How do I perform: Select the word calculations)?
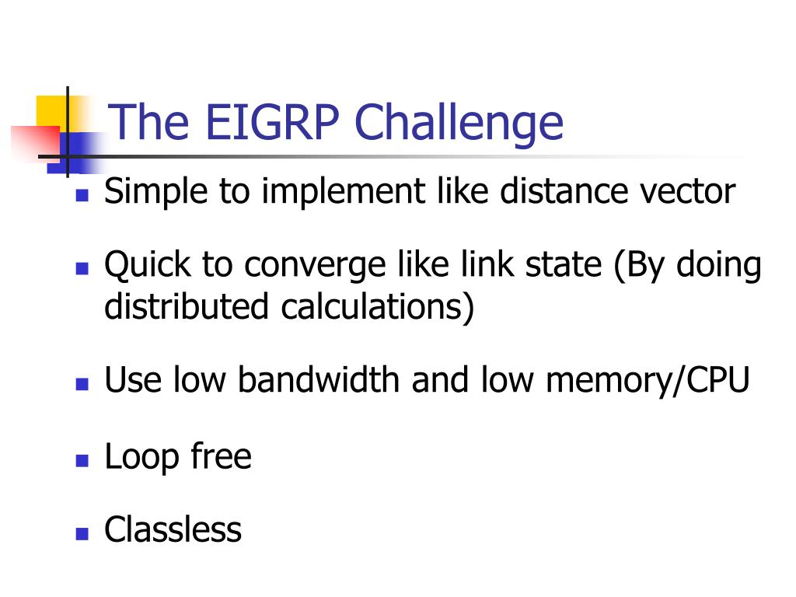click(378, 306)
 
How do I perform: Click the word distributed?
click(187, 306)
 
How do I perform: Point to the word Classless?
click(173, 530)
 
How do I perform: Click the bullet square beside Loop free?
click(82, 460)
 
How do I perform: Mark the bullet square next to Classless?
click(82, 534)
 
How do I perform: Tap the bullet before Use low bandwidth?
click(82, 384)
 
